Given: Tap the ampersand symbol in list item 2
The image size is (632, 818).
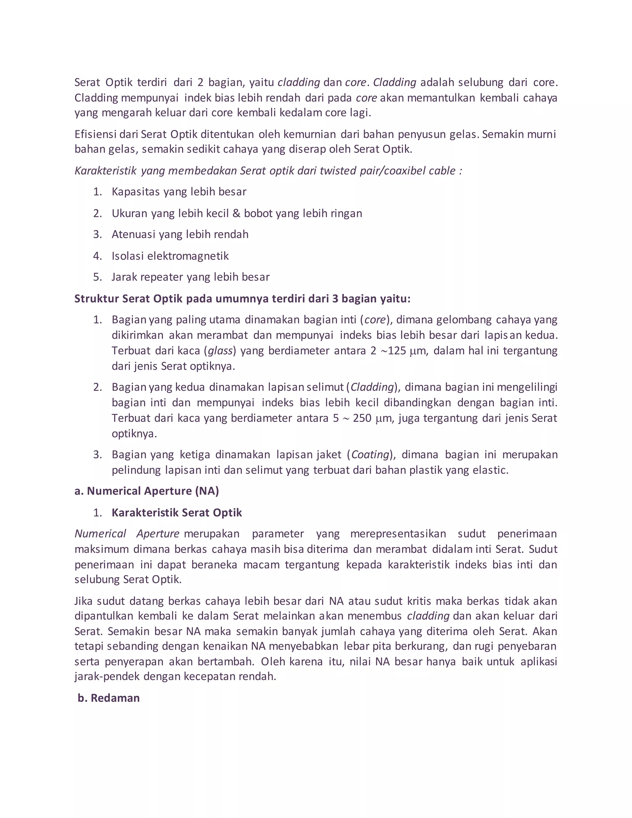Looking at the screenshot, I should (x=236, y=214).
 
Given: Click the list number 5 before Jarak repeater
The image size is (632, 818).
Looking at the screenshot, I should (x=97, y=277).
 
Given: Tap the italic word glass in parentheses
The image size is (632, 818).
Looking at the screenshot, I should (x=220, y=351).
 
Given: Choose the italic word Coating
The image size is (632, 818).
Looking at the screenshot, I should (x=370, y=455).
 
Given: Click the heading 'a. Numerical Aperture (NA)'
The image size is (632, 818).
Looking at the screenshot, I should (x=146, y=491).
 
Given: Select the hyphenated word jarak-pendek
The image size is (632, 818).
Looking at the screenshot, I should (x=107, y=676).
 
